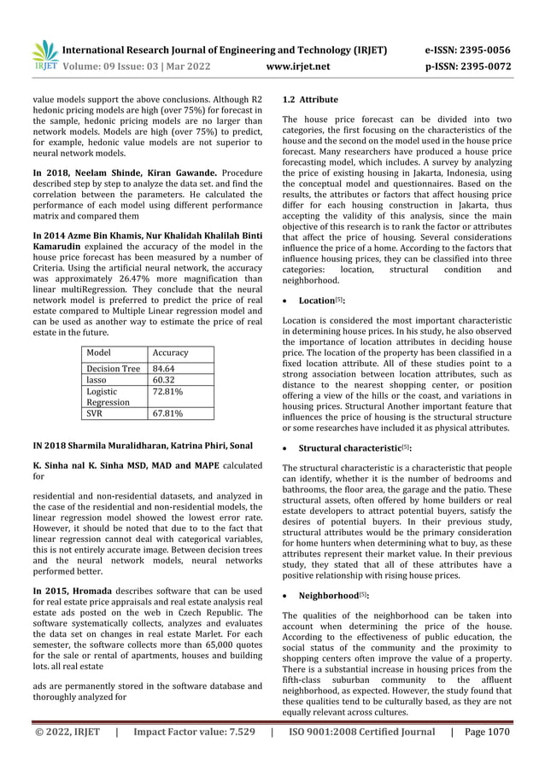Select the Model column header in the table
pos(99,352)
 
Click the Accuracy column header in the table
pos(170,352)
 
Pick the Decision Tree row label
pos(114,369)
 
